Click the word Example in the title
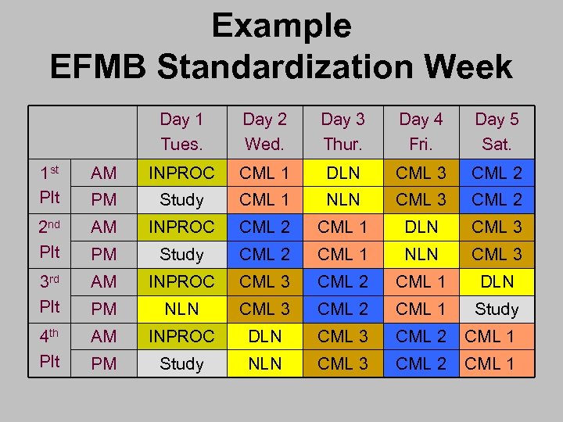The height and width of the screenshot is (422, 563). click(281, 26)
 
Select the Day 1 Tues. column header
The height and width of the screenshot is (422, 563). click(181, 131)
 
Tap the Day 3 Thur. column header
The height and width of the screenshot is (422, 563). click(342, 131)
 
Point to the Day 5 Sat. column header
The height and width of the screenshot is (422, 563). click(497, 131)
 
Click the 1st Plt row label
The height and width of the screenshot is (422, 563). click(50, 186)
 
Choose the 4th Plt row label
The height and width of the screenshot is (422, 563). click(50, 349)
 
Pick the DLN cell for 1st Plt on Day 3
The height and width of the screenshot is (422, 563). click(342, 173)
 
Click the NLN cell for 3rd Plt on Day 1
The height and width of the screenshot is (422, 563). click(181, 309)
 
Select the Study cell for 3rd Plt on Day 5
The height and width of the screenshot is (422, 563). click(497, 309)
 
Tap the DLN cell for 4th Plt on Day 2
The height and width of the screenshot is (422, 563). click(264, 336)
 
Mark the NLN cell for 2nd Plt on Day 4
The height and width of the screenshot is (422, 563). click(421, 254)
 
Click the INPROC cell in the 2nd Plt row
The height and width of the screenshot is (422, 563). click(181, 227)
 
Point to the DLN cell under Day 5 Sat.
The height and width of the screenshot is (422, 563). click(497, 281)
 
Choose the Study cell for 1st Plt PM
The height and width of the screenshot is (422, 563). click(181, 199)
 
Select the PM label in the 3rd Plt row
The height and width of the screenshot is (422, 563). click(104, 309)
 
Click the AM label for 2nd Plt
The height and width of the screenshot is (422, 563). click(104, 227)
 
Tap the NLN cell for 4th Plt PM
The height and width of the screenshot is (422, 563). click(264, 363)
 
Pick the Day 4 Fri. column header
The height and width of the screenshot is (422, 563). click(421, 131)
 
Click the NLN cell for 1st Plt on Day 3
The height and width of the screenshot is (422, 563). click(342, 199)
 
